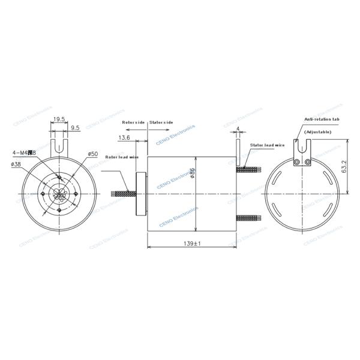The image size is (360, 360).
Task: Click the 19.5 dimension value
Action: point(59,119)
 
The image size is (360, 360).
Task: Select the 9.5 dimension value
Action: point(76,128)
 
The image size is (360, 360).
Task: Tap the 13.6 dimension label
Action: point(125,137)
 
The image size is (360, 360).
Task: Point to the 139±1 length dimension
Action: point(190,244)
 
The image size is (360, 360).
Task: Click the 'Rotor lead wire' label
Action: point(122,157)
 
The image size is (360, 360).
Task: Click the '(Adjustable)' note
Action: point(317,131)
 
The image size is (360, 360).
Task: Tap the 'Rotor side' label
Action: point(133,122)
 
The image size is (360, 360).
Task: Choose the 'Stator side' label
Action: point(161,122)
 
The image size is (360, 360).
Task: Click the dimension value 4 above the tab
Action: point(238,128)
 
